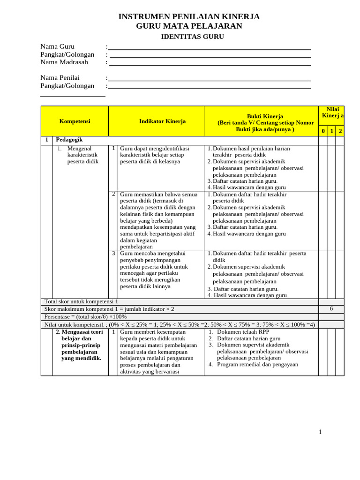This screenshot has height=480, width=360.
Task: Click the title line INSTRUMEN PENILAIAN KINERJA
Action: pos(189,17)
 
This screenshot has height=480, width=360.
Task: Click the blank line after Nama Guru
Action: pos(209,47)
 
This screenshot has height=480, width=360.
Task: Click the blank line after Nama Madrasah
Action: pos(209,63)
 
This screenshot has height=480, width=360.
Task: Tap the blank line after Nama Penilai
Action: pos(209,78)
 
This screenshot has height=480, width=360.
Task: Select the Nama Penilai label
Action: pos(60,78)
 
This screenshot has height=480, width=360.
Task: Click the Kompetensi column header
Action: pos(75,121)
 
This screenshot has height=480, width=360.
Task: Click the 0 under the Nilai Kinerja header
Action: pos(323,131)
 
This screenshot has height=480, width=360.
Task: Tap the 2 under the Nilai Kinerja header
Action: pos(340,131)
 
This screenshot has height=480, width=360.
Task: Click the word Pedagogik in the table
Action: pos(69,140)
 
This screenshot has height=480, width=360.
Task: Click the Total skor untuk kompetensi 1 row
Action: pos(81,302)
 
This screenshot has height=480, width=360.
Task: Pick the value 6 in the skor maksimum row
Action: pos(331,309)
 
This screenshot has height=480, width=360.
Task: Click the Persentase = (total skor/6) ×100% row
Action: pos(85,317)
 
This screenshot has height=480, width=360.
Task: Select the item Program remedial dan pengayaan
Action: pos(257,365)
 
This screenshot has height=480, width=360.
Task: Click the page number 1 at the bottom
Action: pos(320,432)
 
